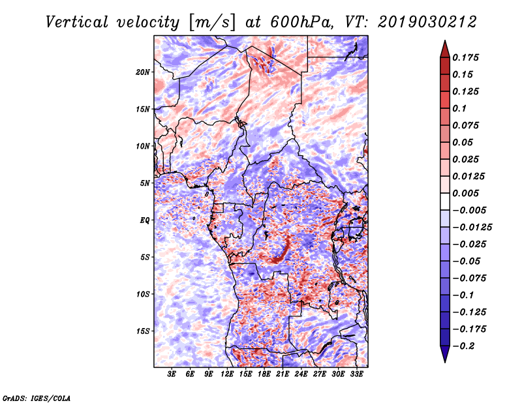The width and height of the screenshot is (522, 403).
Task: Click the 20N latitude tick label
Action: [x=143, y=72]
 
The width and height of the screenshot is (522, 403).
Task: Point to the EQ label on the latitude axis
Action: [x=145, y=220]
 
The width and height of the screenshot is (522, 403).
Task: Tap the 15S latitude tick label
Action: [x=143, y=331]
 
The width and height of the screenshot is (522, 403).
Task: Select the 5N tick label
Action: [x=145, y=183]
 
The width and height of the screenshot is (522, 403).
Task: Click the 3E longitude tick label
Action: [x=172, y=374]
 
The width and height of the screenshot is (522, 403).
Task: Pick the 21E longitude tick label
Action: [x=283, y=374]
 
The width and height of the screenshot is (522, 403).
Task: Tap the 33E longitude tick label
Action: [x=356, y=374]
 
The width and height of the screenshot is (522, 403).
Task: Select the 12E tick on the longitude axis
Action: [x=227, y=374]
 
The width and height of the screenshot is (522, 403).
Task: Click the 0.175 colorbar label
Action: [x=465, y=57]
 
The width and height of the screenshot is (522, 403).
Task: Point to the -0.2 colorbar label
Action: [x=463, y=346]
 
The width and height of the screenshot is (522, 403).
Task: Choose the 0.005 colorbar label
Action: [x=465, y=193]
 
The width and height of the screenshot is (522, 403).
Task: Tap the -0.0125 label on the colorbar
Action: [x=472, y=228]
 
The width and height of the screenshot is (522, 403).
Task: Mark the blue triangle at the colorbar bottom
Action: [x=445, y=353]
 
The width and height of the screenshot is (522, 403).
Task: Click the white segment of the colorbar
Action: [x=445, y=201]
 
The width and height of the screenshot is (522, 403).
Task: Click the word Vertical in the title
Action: [x=77, y=22]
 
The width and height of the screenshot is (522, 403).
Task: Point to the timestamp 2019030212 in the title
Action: [x=427, y=22]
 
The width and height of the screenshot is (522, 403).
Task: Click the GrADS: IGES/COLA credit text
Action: [x=37, y=398]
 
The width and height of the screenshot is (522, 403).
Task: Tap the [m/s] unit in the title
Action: [x=212, y=23]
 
